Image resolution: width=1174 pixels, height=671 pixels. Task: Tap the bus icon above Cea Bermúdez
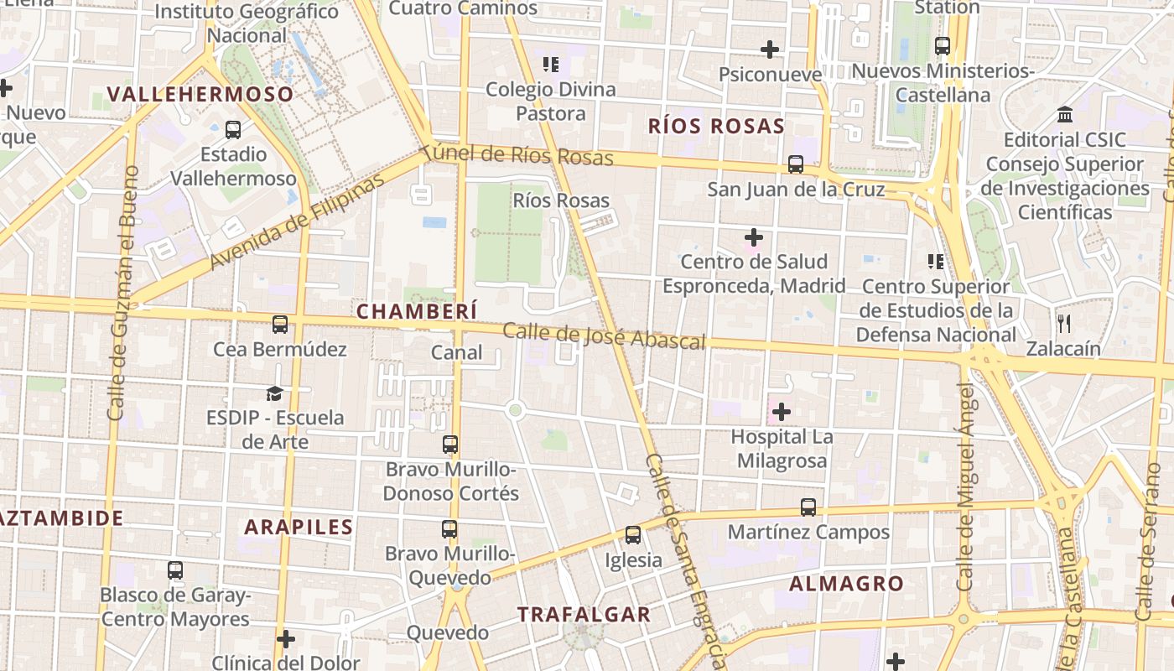point(280,325)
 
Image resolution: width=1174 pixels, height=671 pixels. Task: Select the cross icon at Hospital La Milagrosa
point(782,412)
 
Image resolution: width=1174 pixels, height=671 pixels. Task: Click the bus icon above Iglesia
point(633,535)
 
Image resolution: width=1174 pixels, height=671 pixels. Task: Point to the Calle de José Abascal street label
point(604,336)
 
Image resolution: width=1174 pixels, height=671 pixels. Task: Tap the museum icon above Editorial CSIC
point(1065,114)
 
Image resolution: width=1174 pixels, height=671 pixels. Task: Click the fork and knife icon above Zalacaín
point(1064,324)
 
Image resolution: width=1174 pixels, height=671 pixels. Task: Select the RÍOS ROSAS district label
point(716,127)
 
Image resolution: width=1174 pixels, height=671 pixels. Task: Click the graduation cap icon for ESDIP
point(274,393)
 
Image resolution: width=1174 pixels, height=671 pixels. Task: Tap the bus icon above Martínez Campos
point(808,507)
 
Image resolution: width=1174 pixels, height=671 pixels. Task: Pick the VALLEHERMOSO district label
point(200,94)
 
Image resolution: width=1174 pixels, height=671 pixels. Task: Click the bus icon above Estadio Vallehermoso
point(233,130)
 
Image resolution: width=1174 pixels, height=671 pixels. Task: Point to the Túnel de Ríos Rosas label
point(517,154)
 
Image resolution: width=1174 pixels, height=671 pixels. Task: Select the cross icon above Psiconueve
point(770,50)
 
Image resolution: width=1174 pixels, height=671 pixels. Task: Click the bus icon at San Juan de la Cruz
point(796,165)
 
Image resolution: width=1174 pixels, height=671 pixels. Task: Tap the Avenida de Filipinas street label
point(299,221)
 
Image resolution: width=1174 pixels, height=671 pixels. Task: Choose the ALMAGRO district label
point(847,584)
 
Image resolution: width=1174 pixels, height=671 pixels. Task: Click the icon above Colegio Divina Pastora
point(551,65)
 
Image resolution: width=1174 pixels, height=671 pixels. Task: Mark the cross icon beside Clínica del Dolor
point(286,640)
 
